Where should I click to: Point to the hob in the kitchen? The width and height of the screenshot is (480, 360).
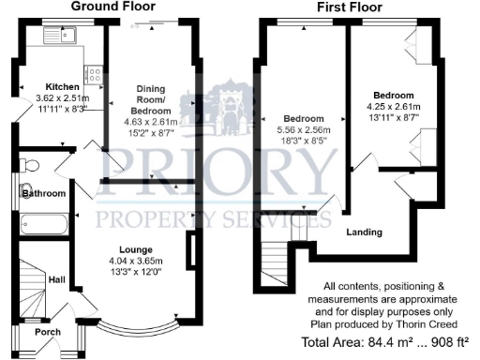click(x=94, y=71)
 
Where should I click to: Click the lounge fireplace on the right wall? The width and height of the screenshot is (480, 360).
click(x=191, y=250)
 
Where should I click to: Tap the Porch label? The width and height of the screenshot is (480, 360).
click(x=48, y=332)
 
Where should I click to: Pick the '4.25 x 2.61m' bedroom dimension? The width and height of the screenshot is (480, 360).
click(x=392, y=108)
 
